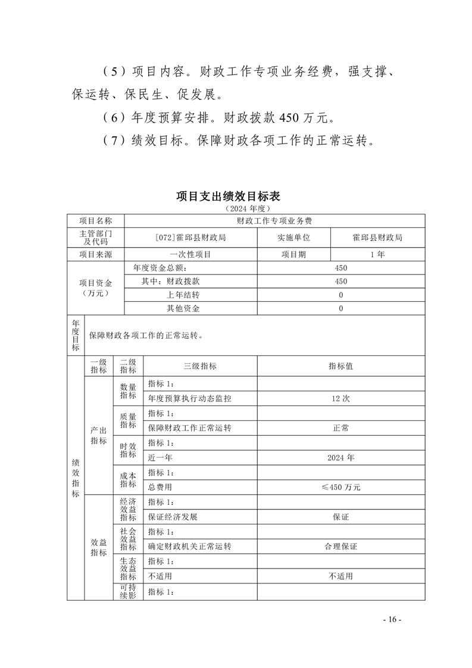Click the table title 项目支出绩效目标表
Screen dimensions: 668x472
click(236, 196)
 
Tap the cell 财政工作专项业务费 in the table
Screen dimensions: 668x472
click(274, 220)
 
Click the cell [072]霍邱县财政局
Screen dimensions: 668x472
click(190, 237)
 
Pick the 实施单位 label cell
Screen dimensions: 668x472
click(293, 237)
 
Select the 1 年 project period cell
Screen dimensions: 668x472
click(377, 254)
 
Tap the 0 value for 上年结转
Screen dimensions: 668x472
click(341, 295)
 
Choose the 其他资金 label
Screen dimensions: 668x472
click(183, 309)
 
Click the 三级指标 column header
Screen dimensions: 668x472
click(200, 366)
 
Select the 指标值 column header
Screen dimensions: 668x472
click(341, 366)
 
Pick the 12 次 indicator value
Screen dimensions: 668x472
click(341, 398)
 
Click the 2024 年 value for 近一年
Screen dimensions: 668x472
click(341, 458)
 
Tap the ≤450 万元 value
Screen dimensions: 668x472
click(341, 487)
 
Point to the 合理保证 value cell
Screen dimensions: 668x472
click(341, 547)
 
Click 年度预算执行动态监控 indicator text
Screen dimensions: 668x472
click(190, 398)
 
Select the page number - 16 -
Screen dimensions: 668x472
click(392, 620)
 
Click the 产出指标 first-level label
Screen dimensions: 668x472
click(98, 436)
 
